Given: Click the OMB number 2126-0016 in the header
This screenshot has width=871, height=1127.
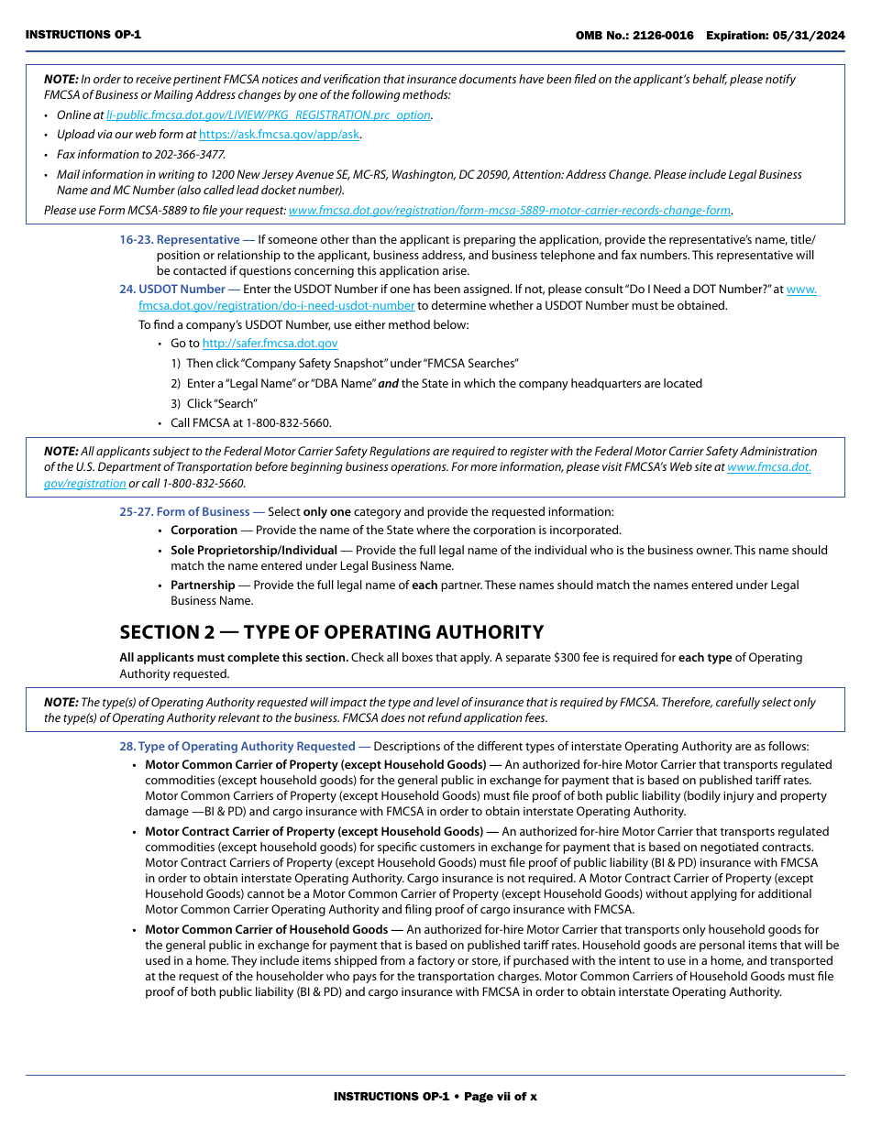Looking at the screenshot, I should click(661, 36).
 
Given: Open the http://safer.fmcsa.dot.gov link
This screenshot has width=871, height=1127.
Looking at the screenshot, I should click(270, 344).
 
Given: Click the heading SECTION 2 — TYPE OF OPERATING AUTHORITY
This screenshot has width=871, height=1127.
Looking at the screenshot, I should click(331, 632).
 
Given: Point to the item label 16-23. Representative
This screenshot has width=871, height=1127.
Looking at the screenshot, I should click(186, 240).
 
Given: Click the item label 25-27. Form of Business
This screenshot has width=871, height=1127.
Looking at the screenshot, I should click(184, 512).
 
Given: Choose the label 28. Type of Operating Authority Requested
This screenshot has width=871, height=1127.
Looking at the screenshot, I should click(237, 747).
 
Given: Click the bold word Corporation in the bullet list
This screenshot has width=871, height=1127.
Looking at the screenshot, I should click(204, 531).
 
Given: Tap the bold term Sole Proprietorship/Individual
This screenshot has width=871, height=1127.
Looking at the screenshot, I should click(253, 551).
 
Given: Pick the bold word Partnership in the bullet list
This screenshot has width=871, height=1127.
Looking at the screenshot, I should click(203, 585).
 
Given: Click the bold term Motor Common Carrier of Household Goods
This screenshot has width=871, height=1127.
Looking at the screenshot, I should click(266, 930).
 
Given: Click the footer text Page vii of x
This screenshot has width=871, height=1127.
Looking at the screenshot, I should click(500, 1097).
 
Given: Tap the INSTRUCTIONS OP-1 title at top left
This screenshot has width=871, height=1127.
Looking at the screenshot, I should click(83, 35).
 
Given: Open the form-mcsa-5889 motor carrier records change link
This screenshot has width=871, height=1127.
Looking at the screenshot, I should click(509, 211).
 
